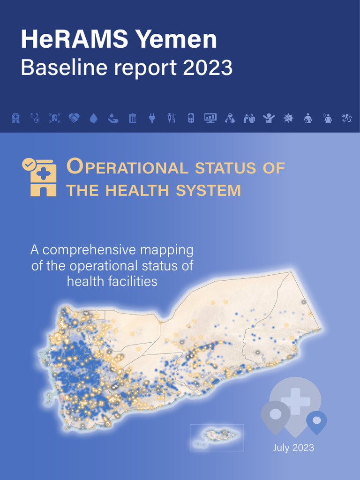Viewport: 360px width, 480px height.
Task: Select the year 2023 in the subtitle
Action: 208,68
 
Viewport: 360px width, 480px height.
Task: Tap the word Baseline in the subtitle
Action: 61,68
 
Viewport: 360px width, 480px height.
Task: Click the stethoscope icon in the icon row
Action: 35,118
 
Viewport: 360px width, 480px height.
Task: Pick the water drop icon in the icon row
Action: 93,119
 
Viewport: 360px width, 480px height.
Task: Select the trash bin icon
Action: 133,118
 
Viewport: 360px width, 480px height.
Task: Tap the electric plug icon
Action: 152,118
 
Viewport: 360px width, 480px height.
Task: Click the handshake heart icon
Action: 74,118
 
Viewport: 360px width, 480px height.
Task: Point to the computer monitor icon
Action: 210,118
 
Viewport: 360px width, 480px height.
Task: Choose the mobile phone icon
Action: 191,118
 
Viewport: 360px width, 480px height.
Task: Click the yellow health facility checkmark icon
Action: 39,177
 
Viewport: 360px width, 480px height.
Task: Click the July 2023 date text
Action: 293,448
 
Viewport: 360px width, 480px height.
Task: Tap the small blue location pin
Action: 316,421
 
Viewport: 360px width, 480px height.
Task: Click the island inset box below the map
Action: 217,437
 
